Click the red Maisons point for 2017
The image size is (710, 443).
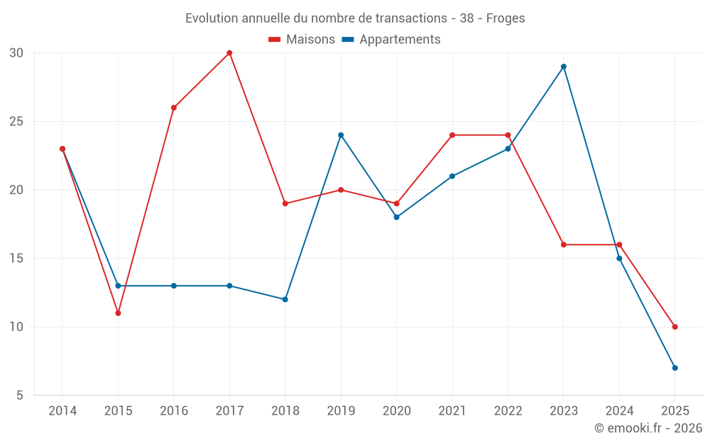(x=229, y=53)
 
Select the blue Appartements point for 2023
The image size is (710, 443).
(x=564, y=67)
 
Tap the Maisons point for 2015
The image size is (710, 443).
(x=118, y=313)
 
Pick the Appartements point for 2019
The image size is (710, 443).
(x=341, y=135)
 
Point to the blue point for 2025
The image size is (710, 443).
(x=675, y=368)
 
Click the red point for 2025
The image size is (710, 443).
(x=675, y=327)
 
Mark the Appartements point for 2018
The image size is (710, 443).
(x=285, y=300)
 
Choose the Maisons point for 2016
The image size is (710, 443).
(x=174, y=108)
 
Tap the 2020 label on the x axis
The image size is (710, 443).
(x=396, y=411)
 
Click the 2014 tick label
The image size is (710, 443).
(x=62, y=411)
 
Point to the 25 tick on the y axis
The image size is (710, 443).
(x=16, y=122)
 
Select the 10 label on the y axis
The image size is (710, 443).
(x=16, y=327)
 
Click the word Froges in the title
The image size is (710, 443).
(x=506, y=18)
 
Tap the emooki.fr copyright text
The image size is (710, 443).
(x=648, y=428)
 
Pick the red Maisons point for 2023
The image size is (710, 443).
(x=564, y=245)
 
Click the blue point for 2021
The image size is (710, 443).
(x=452, y=176)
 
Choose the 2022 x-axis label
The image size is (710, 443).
(x=508, y=411)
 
